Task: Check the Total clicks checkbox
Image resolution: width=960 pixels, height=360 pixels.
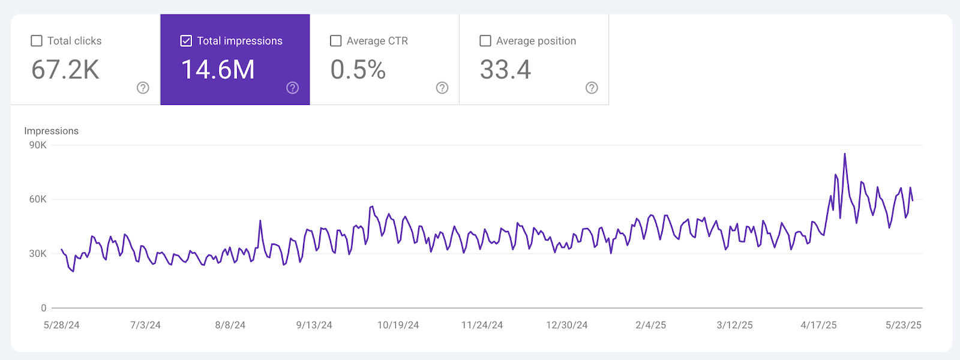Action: (37, 41)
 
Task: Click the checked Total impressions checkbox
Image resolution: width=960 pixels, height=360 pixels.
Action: (186, 41)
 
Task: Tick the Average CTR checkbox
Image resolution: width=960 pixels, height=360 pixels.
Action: (336, 41)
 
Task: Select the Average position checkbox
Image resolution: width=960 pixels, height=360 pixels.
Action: (485, 41)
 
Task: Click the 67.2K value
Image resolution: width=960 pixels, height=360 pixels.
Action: (65, 70)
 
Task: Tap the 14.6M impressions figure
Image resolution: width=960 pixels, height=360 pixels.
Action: (218, 70)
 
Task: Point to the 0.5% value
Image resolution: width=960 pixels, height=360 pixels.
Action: (358, 70)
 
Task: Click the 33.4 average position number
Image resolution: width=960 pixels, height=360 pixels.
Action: (505, 70)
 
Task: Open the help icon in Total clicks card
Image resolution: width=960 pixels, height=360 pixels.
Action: (143, 88)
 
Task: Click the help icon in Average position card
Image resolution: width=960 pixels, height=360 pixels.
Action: (592, 88)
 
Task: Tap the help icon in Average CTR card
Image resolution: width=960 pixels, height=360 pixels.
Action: (442, 88)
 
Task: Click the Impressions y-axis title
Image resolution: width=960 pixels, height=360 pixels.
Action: (51, 131)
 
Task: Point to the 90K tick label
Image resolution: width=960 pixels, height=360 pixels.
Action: (38, 145)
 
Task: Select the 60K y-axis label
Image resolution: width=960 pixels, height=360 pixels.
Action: (38, 199)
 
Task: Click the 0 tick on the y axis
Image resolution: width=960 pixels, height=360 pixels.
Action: (43, 308)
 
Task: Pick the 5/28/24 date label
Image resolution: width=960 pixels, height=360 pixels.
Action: (61, 325)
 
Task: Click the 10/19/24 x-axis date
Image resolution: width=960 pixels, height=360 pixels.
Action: (398, 325)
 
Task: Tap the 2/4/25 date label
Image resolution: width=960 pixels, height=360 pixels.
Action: (650, 325)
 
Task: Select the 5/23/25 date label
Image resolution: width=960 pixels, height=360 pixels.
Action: (903, 325)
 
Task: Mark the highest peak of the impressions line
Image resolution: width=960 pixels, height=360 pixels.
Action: (845, 154)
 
